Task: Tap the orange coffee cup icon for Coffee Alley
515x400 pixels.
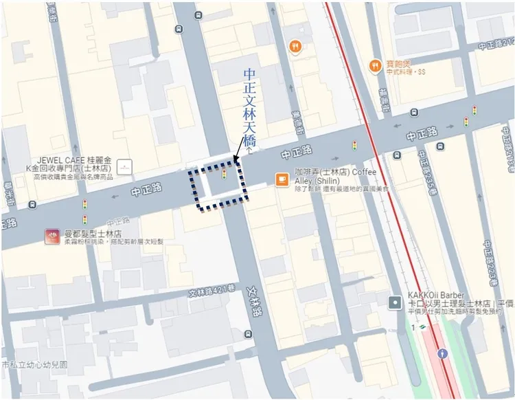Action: [282, 179]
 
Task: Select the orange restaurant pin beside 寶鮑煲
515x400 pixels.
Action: [375, 65]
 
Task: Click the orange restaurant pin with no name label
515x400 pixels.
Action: [295, 46]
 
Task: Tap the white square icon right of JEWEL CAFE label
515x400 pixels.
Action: [124, 166]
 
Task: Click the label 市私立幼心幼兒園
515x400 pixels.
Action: [34, 365]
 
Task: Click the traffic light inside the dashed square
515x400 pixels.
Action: [224, 174]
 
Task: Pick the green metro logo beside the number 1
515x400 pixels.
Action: [422, 327]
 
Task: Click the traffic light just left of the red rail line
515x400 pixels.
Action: [355, 145]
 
